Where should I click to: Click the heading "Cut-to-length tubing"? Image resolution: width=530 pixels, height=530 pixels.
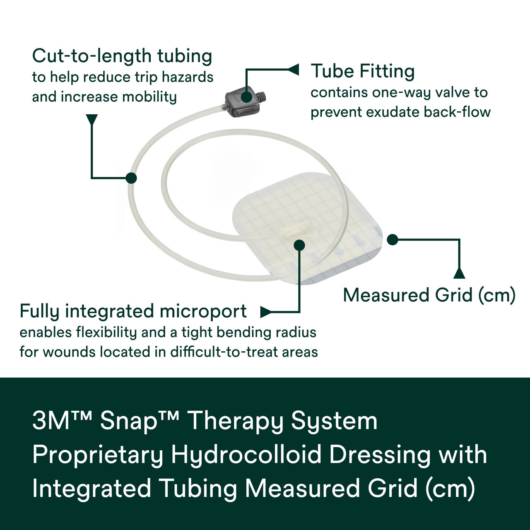(122, 56)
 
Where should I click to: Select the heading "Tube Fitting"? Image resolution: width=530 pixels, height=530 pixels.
(362, 71)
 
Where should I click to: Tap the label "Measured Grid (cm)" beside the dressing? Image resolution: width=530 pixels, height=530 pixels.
(429, 295)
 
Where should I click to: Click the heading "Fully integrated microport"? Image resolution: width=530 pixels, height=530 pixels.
(133, 311)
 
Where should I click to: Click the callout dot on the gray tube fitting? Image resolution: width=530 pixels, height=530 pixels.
(246, 98)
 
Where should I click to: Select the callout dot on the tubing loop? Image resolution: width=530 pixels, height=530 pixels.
(131, 178)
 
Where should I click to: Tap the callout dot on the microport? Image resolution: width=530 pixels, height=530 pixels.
(299, 245)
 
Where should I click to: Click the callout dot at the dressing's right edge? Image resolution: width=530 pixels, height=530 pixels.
(392, 239)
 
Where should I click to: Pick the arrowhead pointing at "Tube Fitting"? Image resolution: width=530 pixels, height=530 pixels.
(293, 70)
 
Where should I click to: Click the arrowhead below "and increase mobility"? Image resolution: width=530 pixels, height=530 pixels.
(92, 119)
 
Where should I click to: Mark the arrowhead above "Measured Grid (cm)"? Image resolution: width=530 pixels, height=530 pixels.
(459, 273)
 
